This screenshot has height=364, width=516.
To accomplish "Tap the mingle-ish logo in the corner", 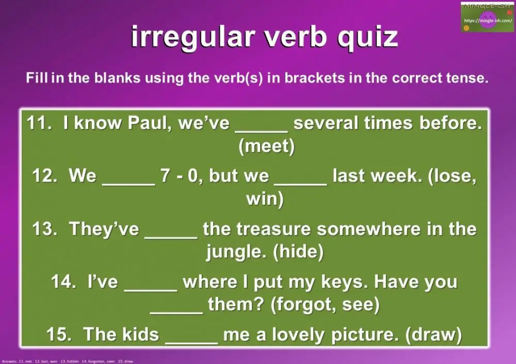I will pyautogui.click(x=487, y=17).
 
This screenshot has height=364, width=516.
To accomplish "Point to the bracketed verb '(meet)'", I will pyautogui.click(x=266, y=146).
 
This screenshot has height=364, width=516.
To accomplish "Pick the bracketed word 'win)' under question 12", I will pyautogui.click(x=265, y=199).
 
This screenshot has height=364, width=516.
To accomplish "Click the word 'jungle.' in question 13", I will pyautogui.click(x=237, y=252).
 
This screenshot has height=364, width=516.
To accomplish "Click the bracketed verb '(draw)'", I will pyautogui.click(x=433, y=334).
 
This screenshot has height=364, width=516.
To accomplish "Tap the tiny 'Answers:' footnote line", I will pyautogui.click(x=67, y=361).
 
